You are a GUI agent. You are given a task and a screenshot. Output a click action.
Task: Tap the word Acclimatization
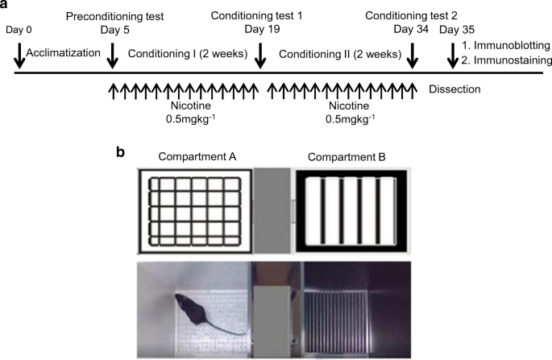[63, 53]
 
